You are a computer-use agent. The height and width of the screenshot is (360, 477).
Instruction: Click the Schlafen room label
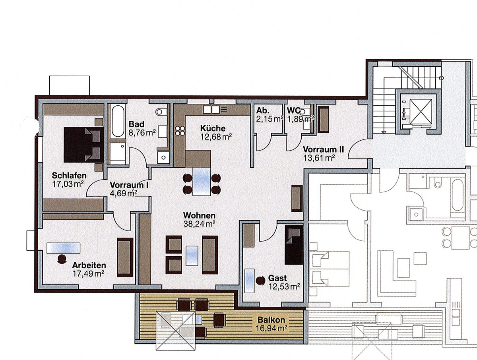pyautogui.click(x=69, y=175)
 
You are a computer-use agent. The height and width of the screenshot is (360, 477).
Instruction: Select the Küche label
pyautogui.click(x=213, y=128)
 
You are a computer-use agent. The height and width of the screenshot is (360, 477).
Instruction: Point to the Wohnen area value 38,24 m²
pyautogui.click(x=199, y=224)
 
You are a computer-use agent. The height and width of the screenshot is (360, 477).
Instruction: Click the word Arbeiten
pyautogui.click(x=89, y=265)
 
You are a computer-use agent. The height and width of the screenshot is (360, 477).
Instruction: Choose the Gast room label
pyautogui.click(x=277, y=278)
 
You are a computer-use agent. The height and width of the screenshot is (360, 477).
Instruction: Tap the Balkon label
pyautogui.click(x=271, y=320)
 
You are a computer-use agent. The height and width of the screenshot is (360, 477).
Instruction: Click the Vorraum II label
pyautogui.click(x=323, y=149)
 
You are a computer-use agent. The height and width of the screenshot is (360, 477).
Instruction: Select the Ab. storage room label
pyautogui.click(x=263, y=111)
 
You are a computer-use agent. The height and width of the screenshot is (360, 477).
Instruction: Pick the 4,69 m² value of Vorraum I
pyautogui.click(x=124, y=193)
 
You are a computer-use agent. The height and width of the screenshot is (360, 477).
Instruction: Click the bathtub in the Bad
pyautogui.click(x=118, y=121)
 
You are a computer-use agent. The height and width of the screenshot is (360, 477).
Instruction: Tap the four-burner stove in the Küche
pyautogui.click(x=180, y=131)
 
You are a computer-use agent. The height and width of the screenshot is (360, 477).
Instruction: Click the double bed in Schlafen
pyautogui.click(x=83, y=145)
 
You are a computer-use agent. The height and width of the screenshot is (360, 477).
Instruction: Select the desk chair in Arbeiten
pyautogui.click(x=62, y=259)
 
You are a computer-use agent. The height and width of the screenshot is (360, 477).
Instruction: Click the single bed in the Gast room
pyautogui.click(x=294, y=245)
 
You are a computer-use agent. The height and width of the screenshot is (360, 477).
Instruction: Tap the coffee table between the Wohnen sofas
pyautogui.click(x=192, y=256)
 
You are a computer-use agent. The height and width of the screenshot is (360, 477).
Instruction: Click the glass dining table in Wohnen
pyautogui.click(x=202, y=182)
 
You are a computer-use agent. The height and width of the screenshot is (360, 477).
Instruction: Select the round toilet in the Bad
pyautogui.click(x=161, y=112)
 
